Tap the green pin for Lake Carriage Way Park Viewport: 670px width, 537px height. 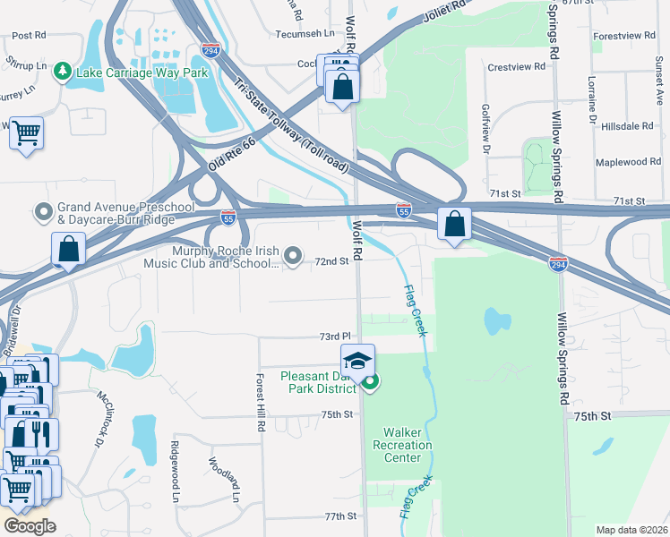tap(62, 70)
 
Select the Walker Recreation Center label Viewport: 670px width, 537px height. tap(402, 445)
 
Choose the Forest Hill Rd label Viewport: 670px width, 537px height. tap(262, 402)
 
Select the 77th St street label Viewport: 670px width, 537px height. tap(340, 516)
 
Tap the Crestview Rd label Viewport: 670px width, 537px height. tap(516, 66)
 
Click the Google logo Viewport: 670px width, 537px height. tap(30, 525)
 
